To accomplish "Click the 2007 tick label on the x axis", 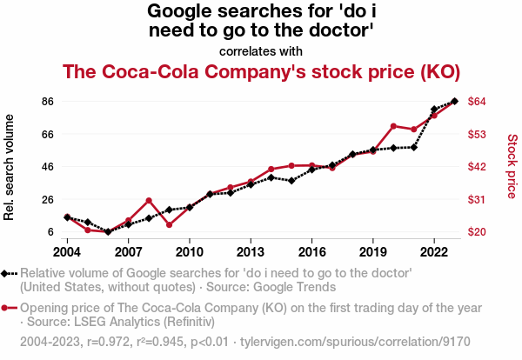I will (x=128, y=252).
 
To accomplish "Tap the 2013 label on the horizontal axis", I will (x=251, y=252).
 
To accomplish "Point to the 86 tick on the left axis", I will (x=49, y=102).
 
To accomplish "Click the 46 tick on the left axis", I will (x=49, y=167).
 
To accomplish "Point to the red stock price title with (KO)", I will (x=261, y=70).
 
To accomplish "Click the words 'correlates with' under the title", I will (x=261, y=50).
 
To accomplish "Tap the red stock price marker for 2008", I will (x=149, y=201).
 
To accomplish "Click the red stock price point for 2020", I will (x=394, y=126).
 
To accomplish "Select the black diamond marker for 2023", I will (x=455, y=102).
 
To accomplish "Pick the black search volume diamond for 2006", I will (x=108, y=232).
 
